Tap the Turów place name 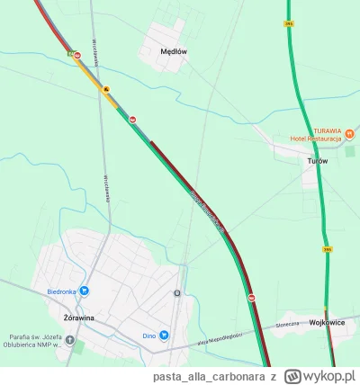(317, 160)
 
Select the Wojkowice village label (328, 319)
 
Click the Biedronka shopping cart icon (84, 291)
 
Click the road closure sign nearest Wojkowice (252, 298)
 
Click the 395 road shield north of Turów (289, 22)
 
